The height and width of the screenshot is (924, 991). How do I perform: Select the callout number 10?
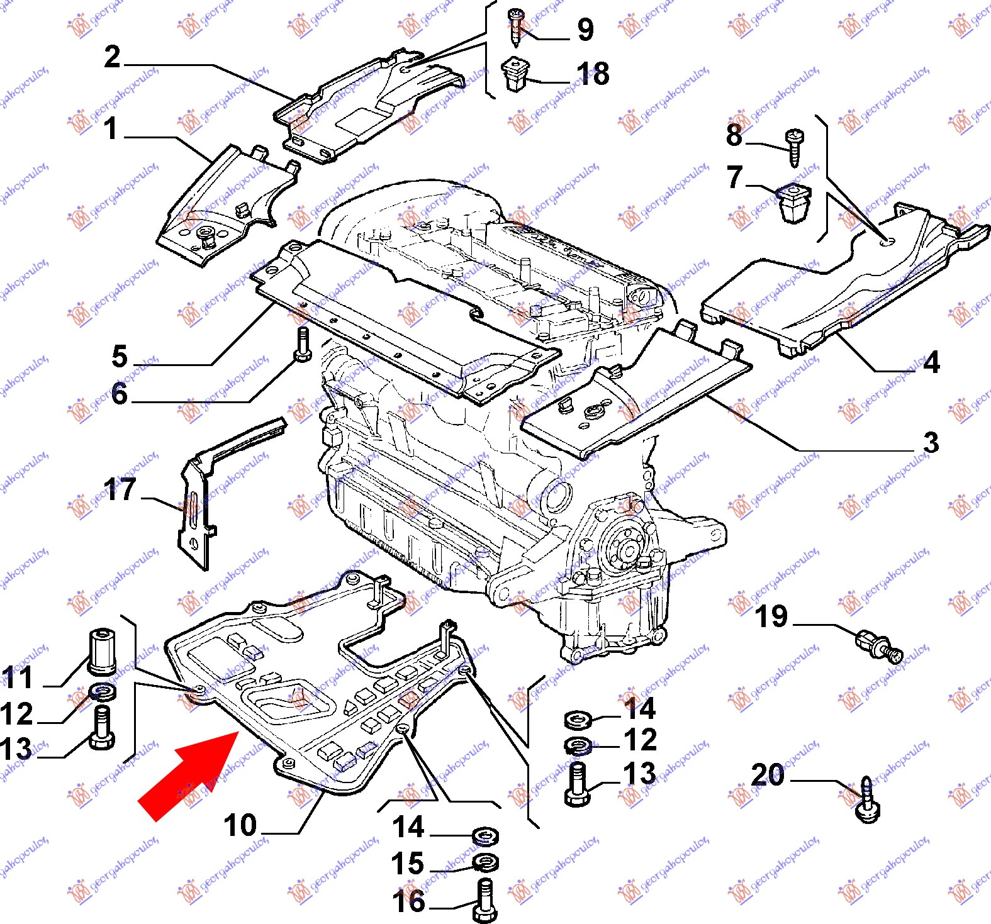[x=240, y=825]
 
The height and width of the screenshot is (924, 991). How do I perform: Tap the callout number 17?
[x=120, y=489]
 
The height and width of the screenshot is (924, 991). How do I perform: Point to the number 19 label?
[x=771, y=616]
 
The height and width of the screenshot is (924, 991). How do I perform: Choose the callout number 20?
[x=768, y=775]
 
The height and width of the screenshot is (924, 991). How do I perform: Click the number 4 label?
[x=932, y=362]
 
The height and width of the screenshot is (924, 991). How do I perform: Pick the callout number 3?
[x=931, y=442]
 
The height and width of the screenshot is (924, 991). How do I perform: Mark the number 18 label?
[x=593, y=74]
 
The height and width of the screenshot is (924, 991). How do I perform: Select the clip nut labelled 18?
[x=516, y=74]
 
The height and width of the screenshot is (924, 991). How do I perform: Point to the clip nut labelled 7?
[x=793, y=203]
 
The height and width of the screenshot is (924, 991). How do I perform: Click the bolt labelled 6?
[x=303, y=345]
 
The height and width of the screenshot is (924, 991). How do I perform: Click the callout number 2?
[x=112, y=57]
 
